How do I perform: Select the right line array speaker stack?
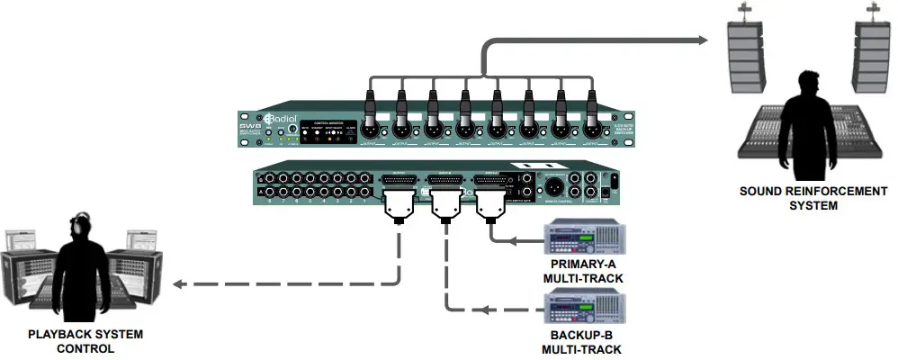pos(869,57)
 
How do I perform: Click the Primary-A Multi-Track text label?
pos(582,273)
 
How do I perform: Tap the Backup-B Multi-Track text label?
pos(582,343)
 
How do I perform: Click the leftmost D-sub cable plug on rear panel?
pos(397,205)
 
